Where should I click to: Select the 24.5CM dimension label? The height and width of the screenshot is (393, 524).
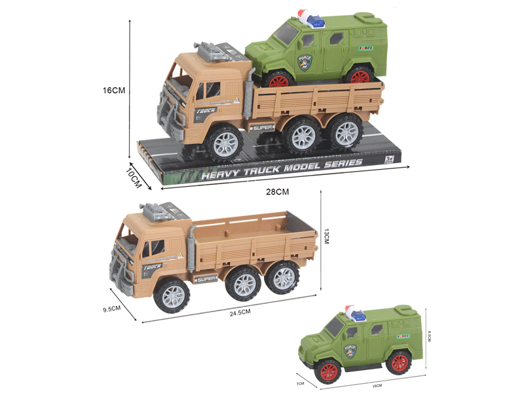pos(240,312)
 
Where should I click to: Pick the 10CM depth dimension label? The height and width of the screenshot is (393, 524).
pos(134,176)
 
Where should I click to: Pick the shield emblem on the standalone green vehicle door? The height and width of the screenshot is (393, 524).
pos(350,350)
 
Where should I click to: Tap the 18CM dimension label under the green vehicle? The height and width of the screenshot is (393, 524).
pos(377,386)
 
